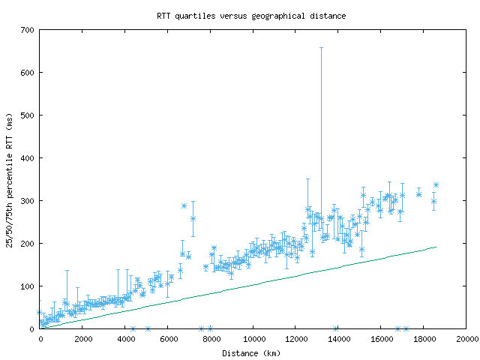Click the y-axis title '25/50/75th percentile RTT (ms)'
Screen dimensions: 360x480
coord(10,179)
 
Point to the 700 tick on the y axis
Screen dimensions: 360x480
coord(28,30)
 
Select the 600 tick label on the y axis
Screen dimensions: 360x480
coord(28,73)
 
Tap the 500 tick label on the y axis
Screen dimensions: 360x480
coord(28,115)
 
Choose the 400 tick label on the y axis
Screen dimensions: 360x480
coord(28,158)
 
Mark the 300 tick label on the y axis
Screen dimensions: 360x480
coord(28,201)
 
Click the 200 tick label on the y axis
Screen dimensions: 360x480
coord(28,244)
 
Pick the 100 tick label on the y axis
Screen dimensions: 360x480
coord(28,286)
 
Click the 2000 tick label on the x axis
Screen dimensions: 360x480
coord(83,339)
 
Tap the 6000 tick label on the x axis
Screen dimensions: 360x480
coord(169,339)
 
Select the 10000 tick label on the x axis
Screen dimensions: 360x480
coord(253,339)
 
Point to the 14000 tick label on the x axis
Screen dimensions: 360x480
coord(339,339)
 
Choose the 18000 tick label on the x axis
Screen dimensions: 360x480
coord(424,339)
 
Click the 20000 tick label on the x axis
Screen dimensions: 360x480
coord(466,339)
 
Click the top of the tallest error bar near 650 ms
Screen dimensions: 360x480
coord(322,48)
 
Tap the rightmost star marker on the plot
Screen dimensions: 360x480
coord(436,184)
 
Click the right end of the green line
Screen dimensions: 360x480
coord(436,247)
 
